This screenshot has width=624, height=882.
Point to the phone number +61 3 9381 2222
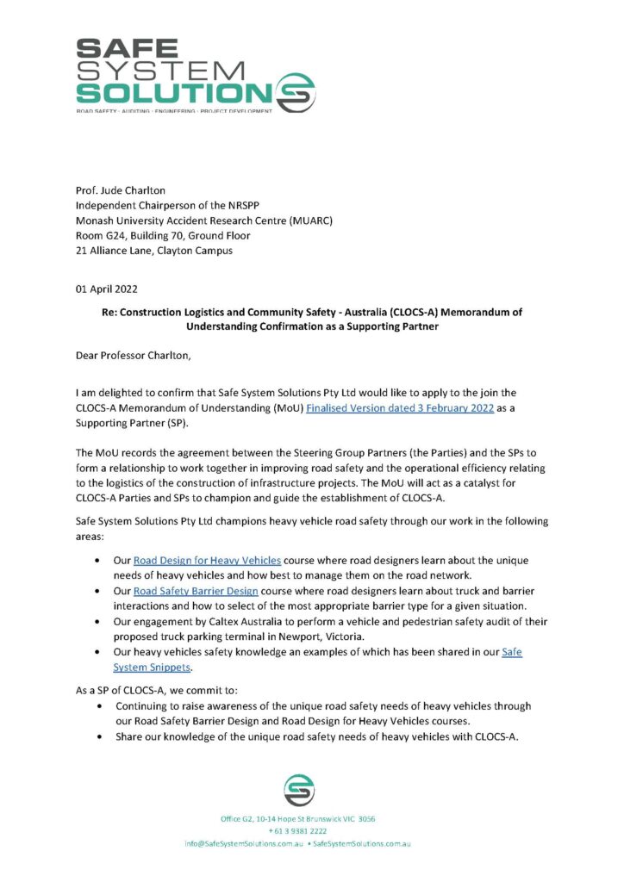tap(297, 830)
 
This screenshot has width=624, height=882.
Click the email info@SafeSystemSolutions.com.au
tap(242, 843)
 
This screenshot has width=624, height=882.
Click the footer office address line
tap(298, 818)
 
